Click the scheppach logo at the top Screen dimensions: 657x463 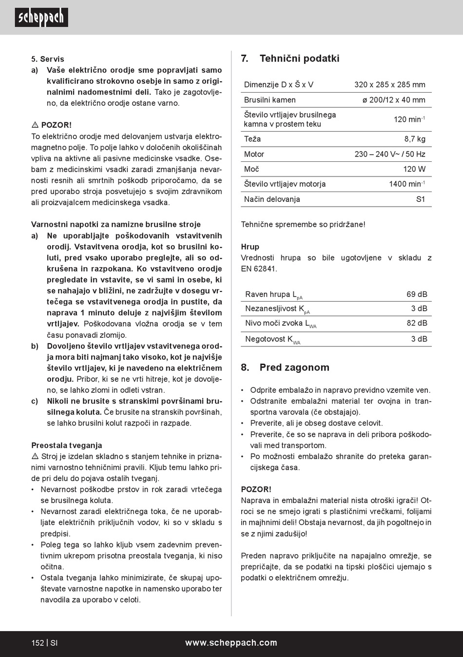(x=41, y=18)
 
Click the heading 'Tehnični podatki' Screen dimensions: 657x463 (x=299, y=58)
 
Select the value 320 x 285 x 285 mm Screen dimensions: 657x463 (x=389, y=85)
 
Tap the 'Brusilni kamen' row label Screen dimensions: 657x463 (x=270, y=100)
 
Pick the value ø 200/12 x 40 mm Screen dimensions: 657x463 (x=393, y=100)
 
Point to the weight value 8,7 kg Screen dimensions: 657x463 (x=414, y=139)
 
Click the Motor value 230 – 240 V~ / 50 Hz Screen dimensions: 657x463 (x=389, y=154)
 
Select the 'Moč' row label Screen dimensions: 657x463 (x=251, y=169)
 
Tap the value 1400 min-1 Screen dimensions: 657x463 (x=406, y=184)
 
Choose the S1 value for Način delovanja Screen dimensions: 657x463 (x=420, y=199)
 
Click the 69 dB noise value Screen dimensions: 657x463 (x=417, y=294)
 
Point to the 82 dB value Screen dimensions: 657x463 (x=417, y=323)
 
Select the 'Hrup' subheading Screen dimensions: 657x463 (x=250, y=247)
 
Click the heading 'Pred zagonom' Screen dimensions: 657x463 (x=294, y=367)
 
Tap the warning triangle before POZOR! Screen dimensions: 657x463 (x=35, y=125)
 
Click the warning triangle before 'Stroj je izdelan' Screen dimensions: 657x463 (x=35, y=457)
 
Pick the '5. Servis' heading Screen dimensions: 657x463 (x=48, y=59)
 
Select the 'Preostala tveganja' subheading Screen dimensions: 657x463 (x=67, y=445)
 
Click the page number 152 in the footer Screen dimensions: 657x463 (x=38, y=643)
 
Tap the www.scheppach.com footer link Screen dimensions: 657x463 (x=231, y=643)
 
